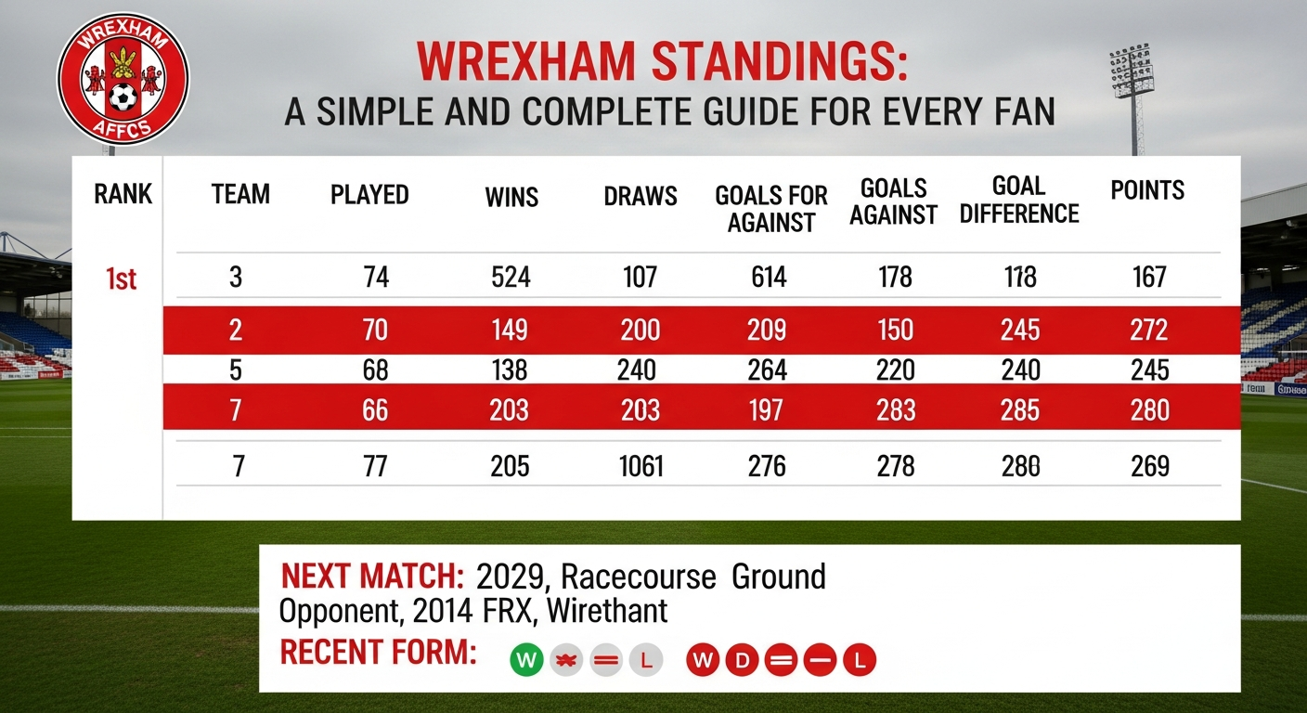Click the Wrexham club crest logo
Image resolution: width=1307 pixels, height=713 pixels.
coord(123,79)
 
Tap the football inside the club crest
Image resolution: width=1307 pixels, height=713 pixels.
coord(123,97)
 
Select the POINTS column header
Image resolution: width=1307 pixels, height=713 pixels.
coord(1147,191)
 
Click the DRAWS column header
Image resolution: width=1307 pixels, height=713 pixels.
coord(641,196)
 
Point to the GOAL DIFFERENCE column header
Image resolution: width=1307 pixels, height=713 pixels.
coord(1019,200)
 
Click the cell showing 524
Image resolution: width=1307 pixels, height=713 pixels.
coord(510,277)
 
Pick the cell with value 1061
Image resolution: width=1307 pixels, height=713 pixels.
coord(641,465)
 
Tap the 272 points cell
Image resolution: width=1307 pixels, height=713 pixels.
coord(1149,330)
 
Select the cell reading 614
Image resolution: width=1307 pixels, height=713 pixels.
coord(769,277)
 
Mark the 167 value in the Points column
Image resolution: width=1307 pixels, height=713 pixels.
coord(1149,277)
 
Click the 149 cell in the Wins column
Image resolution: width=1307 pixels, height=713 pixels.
coord(510,330)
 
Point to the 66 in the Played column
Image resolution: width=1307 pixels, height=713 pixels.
coord(375,409)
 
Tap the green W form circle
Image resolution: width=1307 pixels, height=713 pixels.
coord(526,660)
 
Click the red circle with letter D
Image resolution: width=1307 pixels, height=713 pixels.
coord(742,661)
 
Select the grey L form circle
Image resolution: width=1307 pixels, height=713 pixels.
coord(646,661)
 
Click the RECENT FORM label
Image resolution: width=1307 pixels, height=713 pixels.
coord(378,653)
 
